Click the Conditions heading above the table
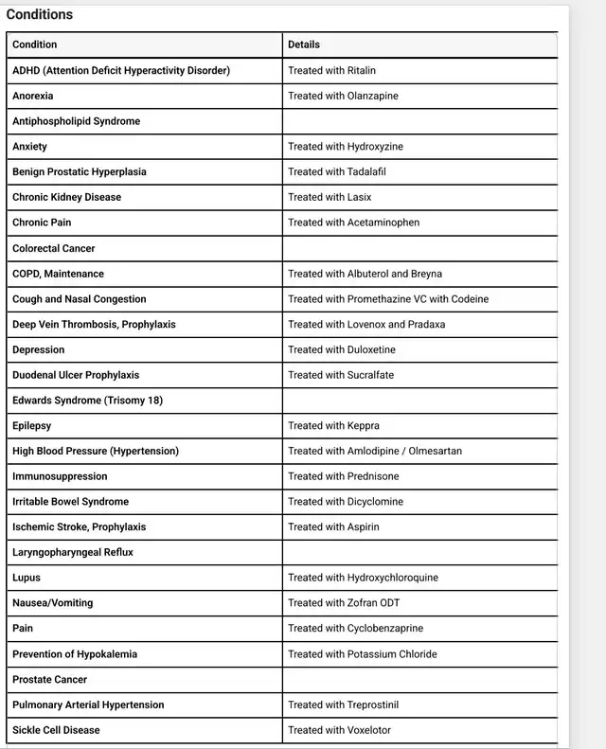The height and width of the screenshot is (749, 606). [x=40, y=14]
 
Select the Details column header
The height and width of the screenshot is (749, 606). [x=304, y=45]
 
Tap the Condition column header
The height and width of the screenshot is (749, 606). [x=35, y=45]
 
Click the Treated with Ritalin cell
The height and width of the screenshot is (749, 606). [x=332, y=70]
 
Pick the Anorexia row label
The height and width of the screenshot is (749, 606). [x=33, y=96]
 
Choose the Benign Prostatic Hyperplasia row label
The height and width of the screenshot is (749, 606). [x=80, y=171]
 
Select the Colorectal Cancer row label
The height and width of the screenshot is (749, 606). [x=54, y=248]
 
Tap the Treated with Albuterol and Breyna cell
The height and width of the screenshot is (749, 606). [x=365, y=274]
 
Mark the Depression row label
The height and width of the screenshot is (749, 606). [x=39, y=349]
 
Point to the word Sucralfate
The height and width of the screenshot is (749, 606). [x=371, y=375]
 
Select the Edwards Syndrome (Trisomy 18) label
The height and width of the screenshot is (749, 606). [x=87, y=401]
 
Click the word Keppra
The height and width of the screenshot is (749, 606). [x=364, y=426]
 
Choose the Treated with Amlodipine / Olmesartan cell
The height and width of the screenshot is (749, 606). [x=375, y=451]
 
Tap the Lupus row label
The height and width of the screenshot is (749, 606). [x=27, y=578]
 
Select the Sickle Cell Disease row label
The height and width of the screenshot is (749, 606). [x=56, y=730]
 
